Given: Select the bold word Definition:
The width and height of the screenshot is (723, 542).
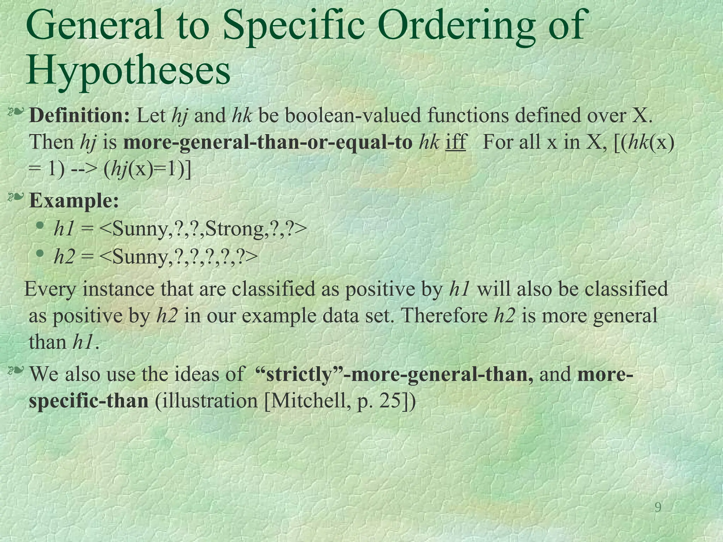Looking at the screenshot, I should tap(80, 115).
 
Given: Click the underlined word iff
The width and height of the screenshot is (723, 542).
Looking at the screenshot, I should tap(455, 142).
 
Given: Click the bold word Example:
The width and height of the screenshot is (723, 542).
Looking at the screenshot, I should tap(74, 201).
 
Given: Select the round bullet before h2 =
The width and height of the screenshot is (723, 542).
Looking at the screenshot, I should tap(40, 253).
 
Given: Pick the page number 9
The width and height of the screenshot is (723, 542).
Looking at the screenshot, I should tap(658, 507).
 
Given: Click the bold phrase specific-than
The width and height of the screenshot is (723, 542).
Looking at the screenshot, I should tap(88, 401).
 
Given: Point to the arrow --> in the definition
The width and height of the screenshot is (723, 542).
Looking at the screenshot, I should tap(84, 170).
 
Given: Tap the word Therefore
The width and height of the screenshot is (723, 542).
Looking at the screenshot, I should tap(444, 315).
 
